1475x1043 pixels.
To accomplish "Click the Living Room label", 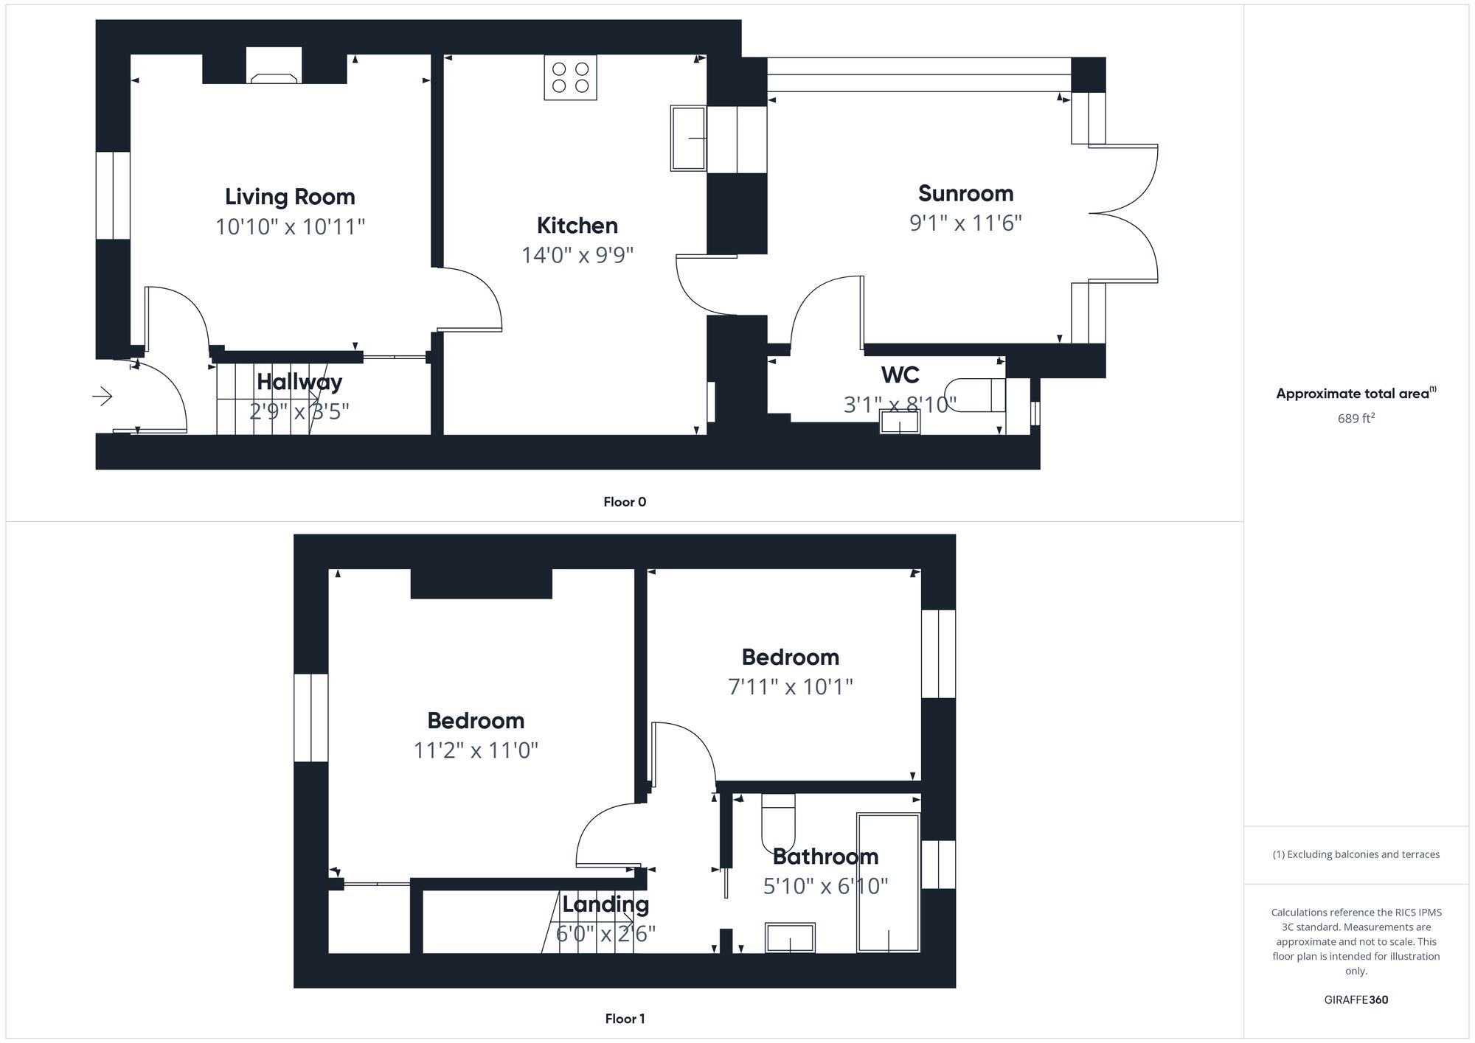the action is [x=290, y=197].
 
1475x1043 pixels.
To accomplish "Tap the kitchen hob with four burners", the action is [x=570, y=77].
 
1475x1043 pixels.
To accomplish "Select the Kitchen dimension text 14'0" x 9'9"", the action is [x=577, y=255].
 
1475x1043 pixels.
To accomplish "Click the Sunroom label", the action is [x=965, y=193].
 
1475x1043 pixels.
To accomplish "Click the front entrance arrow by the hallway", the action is [x=102, y=397].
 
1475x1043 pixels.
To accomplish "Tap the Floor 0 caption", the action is [x=625, y=502].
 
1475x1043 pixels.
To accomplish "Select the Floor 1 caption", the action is [x=625, y=1019].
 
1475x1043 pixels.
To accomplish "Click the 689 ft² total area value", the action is [x=1356, y=418].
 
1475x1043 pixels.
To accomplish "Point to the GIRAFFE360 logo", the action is [x=1356, y=1000].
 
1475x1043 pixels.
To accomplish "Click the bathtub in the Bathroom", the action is [x=889, y=883].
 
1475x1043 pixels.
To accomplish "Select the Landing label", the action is [x=605, y=904].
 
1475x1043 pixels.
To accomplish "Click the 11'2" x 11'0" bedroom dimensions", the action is [x=476, y=750].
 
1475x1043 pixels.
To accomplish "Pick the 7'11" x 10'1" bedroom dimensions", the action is [x=791, y=687].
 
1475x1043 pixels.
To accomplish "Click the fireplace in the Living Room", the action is [x=274, y=66].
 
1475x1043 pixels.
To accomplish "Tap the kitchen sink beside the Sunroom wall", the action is [x=689, y=139].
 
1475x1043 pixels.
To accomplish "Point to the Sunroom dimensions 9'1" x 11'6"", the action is [x=965, y=223].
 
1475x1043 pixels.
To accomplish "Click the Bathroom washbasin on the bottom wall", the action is [x=790, y=938].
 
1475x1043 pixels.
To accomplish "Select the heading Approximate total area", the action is [x=1356, y=394].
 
